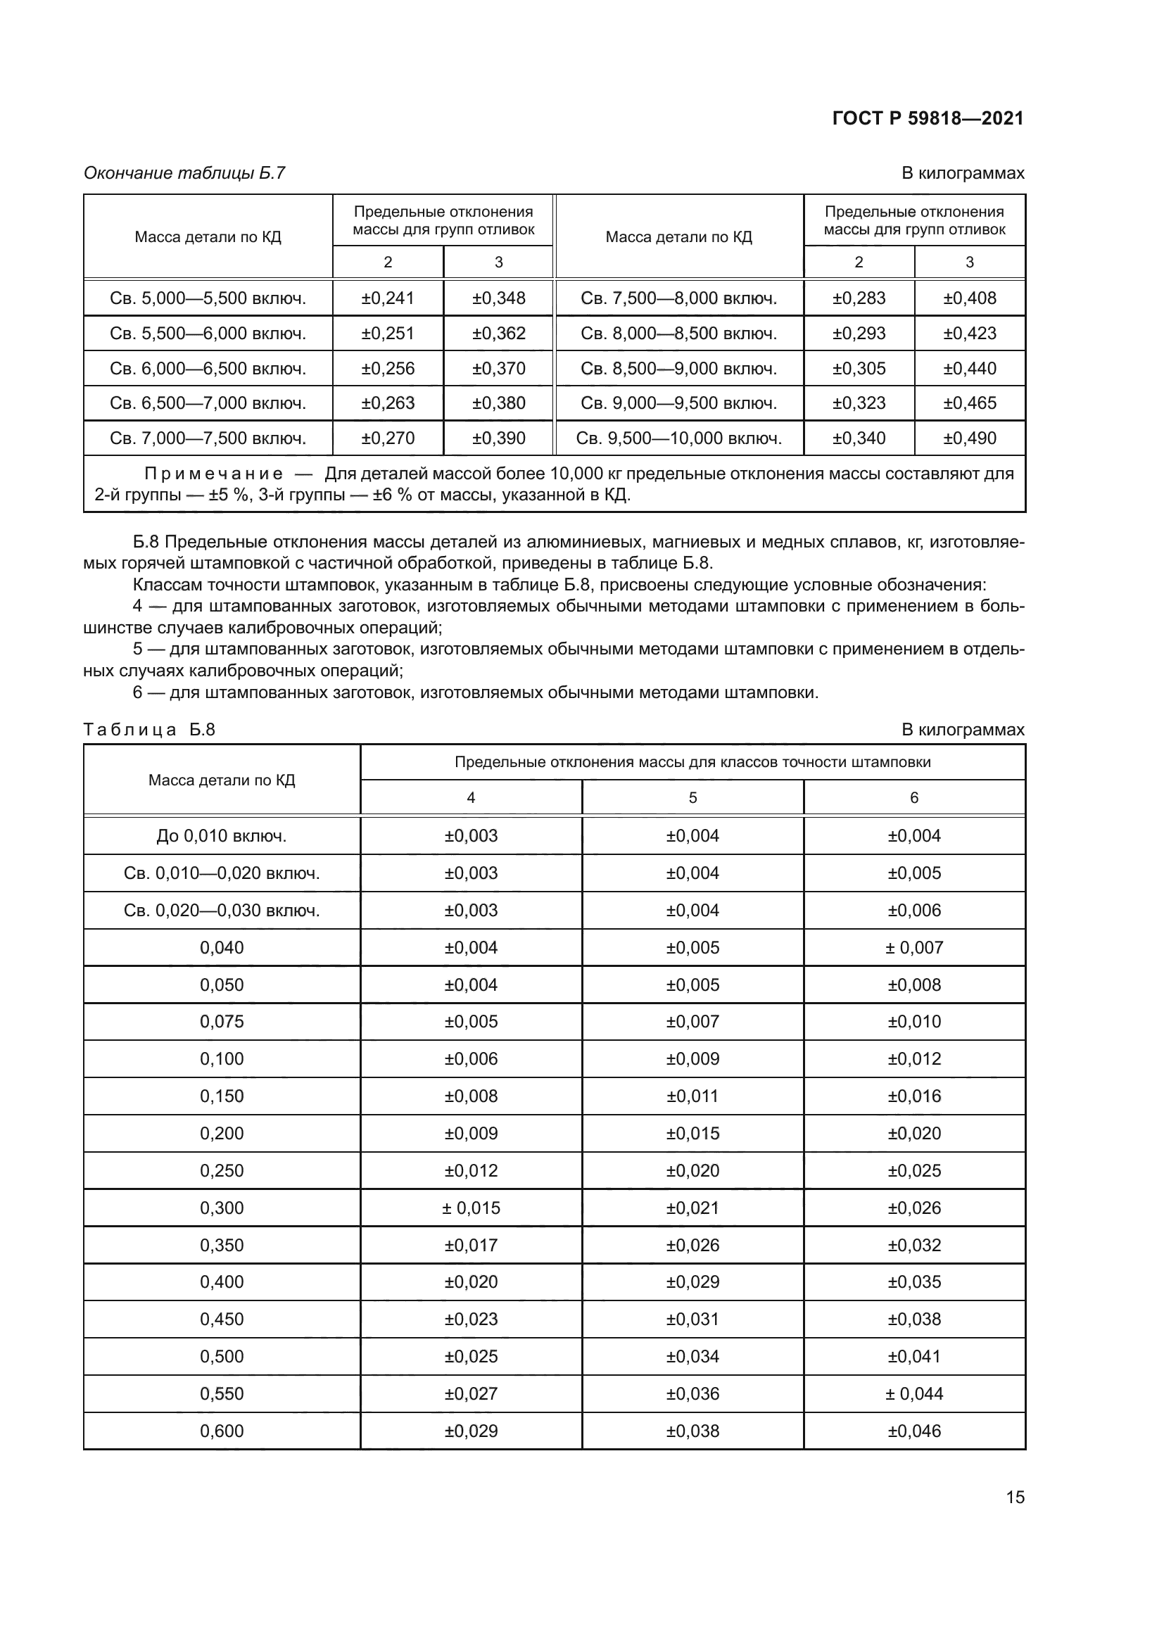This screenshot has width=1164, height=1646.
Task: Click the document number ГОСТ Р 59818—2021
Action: (928, 118)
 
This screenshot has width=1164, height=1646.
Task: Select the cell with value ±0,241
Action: (388, 298)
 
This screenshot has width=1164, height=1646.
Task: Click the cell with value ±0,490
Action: (969, 438)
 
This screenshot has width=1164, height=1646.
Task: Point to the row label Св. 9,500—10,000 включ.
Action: (678, 438)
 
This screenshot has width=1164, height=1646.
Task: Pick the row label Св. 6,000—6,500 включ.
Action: (208, 369)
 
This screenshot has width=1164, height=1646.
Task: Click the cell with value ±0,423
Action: (969, 334)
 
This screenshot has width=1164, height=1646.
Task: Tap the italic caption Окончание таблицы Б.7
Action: (184, 173)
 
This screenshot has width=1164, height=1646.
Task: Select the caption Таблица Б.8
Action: (149, 730)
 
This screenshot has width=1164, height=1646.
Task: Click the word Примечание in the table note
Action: (214, 474)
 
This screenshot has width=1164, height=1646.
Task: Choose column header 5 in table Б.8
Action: (692, 798)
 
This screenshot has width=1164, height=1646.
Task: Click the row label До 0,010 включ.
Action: (222, 836)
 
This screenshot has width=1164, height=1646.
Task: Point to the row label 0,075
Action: (222, 1022)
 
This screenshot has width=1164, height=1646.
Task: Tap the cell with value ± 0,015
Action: (471, 1208)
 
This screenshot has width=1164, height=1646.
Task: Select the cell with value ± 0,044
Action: (914, 1393)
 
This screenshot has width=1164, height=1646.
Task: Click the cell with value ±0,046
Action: (914, 1431)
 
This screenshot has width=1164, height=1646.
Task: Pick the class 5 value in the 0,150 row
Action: (692, 1096)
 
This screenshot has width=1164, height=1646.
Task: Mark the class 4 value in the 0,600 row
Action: (471, 1431)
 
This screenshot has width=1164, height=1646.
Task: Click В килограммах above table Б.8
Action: (963, 730)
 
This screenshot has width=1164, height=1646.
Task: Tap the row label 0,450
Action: (222, 1319)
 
